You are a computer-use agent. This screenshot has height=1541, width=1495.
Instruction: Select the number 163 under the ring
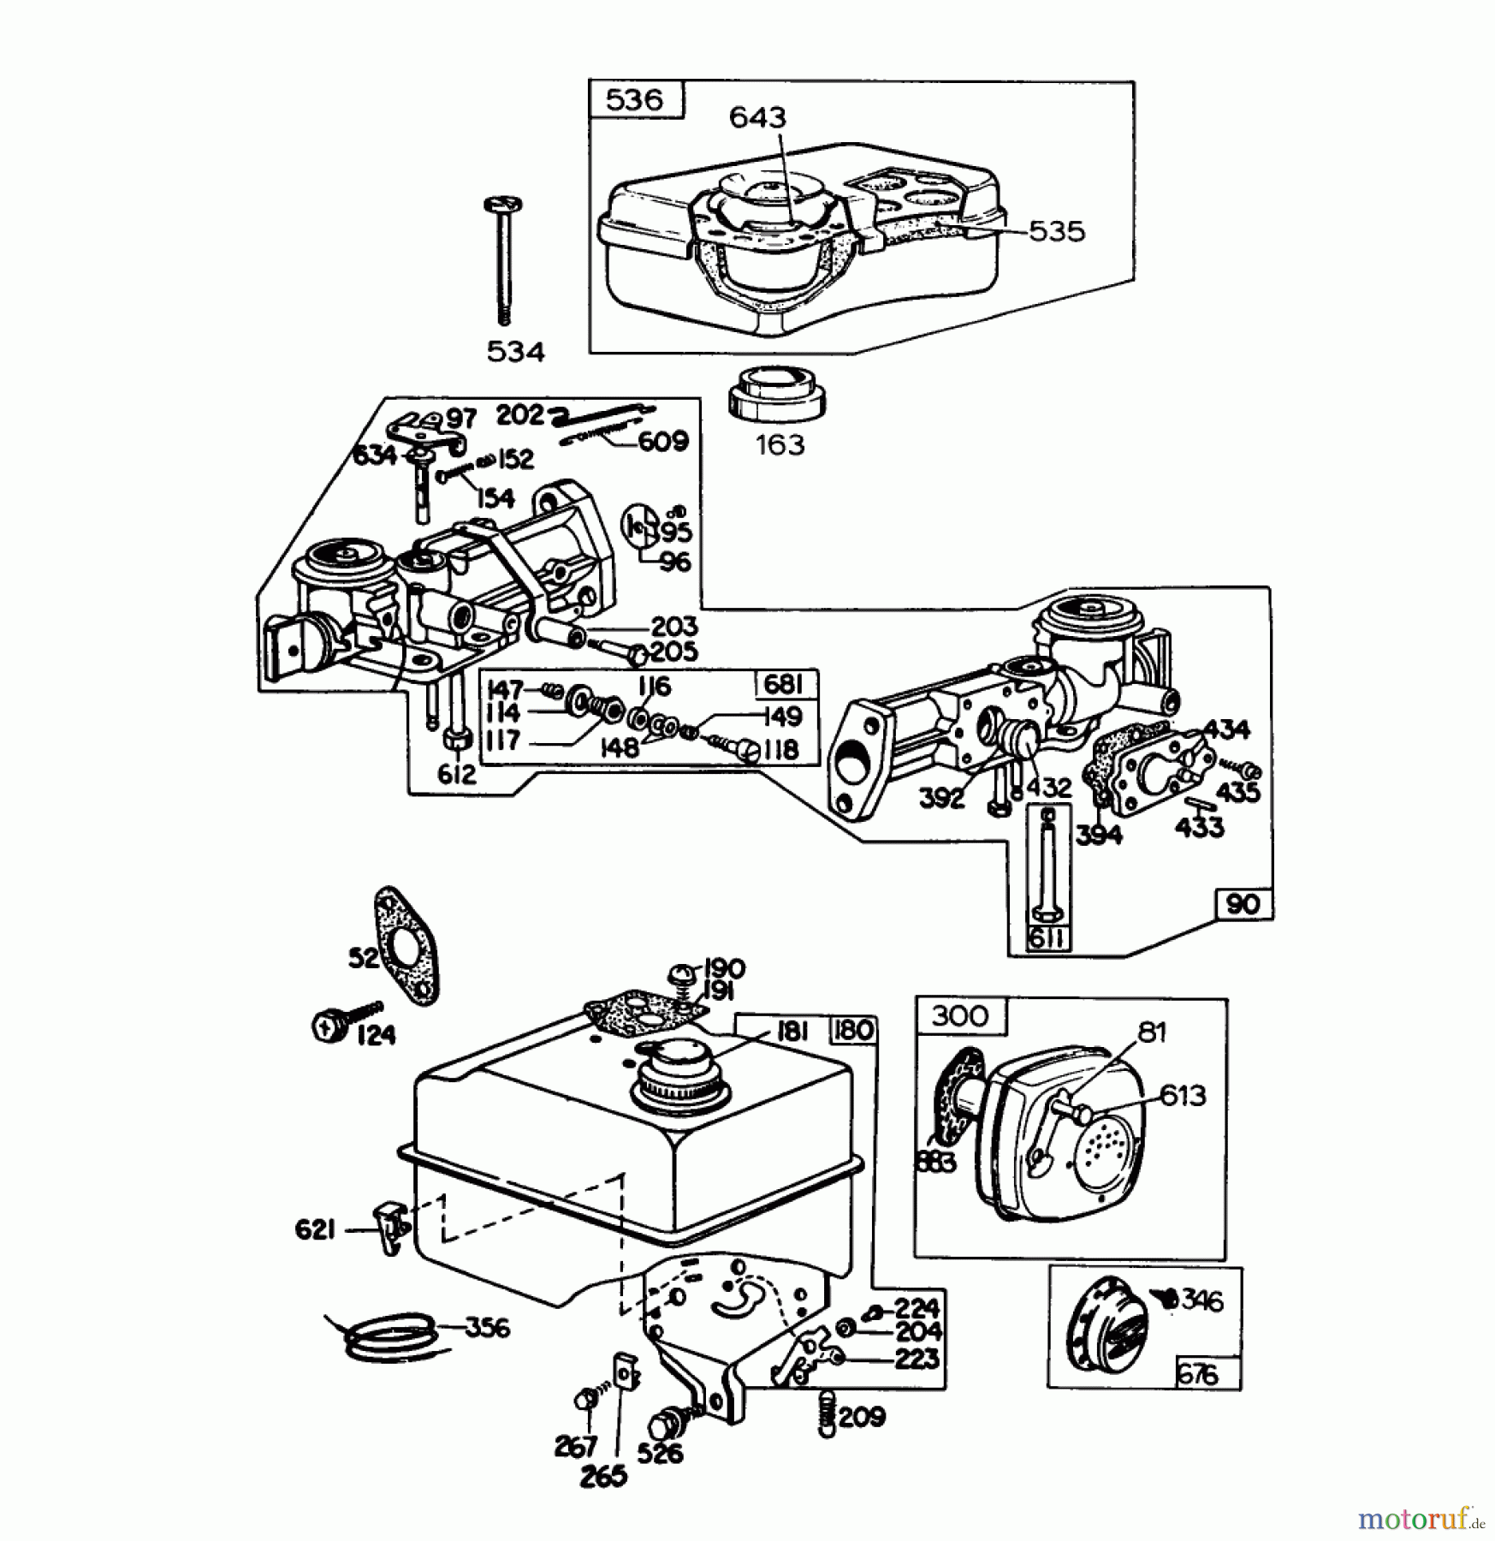(x=780, y=444)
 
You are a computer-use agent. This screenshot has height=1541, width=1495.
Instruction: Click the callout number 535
(x=1056, y=231)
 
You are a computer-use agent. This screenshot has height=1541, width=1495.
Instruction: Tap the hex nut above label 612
(x=457, y=737)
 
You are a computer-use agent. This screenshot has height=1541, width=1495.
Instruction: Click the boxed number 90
(x=1243, y=905)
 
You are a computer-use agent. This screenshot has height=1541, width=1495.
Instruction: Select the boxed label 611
(x=1047, y=938)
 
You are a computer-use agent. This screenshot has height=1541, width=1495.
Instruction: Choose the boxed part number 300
(x=959, y=1016)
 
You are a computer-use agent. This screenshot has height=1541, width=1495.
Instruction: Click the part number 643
(x=757, y=117)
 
